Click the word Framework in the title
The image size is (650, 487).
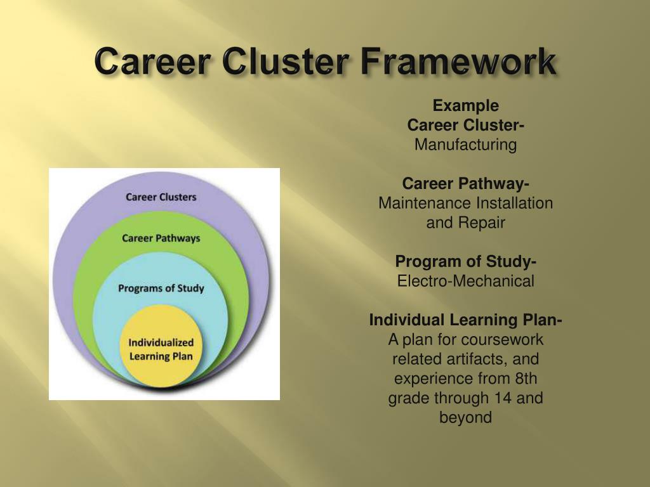(460, 63)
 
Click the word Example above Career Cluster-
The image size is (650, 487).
(466, 105)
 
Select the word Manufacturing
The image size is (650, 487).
(466, 145)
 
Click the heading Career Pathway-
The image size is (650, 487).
(466, 184)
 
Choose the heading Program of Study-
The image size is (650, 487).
(466, 261)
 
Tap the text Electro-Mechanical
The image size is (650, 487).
(466, 281)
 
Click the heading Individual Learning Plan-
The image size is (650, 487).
(466, 320)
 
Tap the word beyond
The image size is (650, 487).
(466, 418)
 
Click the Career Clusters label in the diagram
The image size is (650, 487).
(161, 197)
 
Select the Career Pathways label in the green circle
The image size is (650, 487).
(161, 238)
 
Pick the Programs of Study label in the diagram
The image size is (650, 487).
(161, 289)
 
